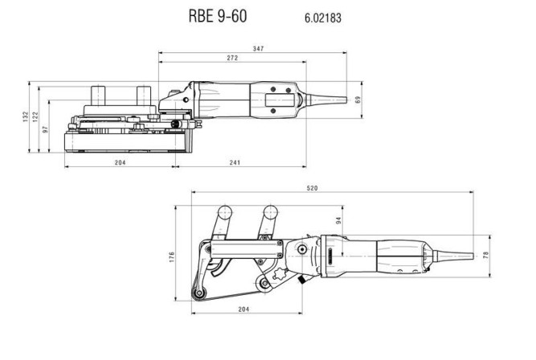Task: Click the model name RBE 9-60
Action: click(219, 16)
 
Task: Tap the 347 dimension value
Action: click(258, 49)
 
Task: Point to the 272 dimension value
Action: click(231, 59)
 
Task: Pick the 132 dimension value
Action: click(25, 116)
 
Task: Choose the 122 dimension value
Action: click(35, 116)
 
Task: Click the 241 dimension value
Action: click(235, 163)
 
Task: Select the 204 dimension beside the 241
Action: click(120, 163)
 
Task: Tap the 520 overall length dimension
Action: click(313, 188)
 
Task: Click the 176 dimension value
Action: click(171, 258)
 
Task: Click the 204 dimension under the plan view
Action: click(248, 309)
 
